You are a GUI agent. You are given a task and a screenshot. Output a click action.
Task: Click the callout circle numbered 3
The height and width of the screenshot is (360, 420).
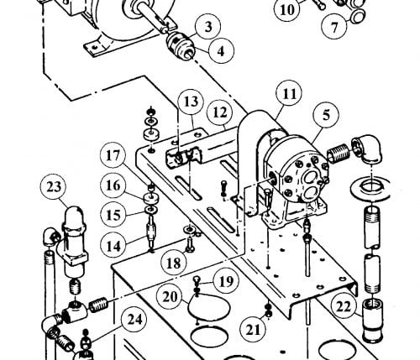pyautogui.click(x=208, y=27)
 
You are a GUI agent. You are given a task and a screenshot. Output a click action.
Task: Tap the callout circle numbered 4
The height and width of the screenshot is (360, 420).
pyautogui.click(x=221, y=51)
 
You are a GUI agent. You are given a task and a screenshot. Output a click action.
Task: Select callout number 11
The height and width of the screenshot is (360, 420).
pyautogui.click(x=289, y=94)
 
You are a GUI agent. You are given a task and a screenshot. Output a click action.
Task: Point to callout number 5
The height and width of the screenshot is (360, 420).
pyautogui.click(x=326, y=115)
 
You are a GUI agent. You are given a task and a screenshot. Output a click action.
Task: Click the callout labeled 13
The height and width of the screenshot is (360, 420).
pyautogui.click(x=192, y=102)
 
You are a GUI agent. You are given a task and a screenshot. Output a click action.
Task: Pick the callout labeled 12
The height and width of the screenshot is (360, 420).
pyautogui.click(x=220, y=112)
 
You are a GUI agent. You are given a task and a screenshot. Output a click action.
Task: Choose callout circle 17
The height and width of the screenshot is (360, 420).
pyautogui.click(x=113, y=155)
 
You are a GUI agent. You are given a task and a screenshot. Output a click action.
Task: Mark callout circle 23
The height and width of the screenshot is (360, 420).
pyautogui.click(x=54, y=186)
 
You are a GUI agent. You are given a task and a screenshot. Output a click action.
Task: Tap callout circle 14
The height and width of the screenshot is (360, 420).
pyautogui.click(x=113, y=246)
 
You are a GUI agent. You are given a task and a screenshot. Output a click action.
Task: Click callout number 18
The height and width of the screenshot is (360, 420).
pyautogui.click(x=174, y=263)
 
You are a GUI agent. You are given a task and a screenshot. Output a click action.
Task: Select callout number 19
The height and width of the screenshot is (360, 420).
pyautogui.click(x=226, y=281)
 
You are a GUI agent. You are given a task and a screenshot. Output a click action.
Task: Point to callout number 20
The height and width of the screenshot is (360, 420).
pyautogui.click(x=170, y=297)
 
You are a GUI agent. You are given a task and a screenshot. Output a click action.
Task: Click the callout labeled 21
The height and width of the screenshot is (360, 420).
pyautogui.click(x=253, y=330)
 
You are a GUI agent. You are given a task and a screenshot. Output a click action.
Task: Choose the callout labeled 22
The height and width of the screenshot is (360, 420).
pyautogui.click(x=344, y=307)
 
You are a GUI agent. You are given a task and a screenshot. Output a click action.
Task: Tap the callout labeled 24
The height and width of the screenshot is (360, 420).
pyautogui.click(x=134, y=319)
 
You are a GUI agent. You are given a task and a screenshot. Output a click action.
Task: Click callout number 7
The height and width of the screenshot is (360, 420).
pyautogui.click(x=334, y=27)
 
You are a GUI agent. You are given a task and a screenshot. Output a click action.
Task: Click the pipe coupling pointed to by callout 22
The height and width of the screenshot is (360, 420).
pyautogui.click(x=372, y=320)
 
